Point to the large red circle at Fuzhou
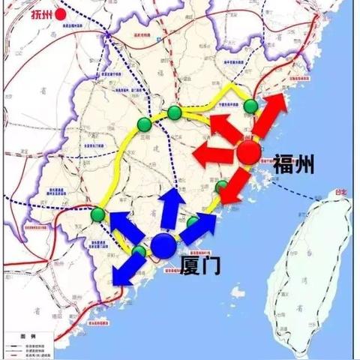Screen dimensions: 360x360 (x=249, y=154)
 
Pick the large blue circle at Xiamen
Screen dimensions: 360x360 (x=163, y=244)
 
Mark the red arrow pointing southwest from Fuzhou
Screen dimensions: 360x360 (x=238, y=184)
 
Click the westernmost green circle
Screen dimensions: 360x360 (x=97, y=216)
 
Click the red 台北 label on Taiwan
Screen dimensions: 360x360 (x=340, y=192)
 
